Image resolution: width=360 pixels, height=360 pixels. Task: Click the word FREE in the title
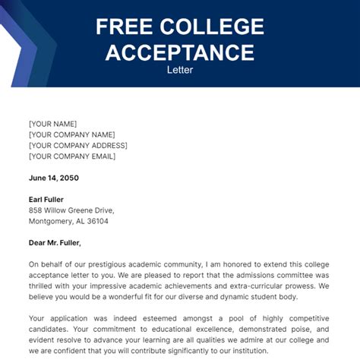(124, 27)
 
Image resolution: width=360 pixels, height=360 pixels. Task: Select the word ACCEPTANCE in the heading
(180, 52)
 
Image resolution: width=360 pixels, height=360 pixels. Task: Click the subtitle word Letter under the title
(179, 70)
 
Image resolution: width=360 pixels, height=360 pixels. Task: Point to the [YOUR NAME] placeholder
(52, 124)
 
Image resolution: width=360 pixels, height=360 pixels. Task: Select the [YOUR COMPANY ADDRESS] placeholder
(78, 145)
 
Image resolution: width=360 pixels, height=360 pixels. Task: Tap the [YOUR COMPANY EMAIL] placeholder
(72, 156)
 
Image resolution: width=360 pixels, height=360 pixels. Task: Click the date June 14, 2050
(53, 178)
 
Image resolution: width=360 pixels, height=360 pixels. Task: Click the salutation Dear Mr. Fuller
(54, 243)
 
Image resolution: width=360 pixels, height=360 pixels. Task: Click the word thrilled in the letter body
(44, 287)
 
